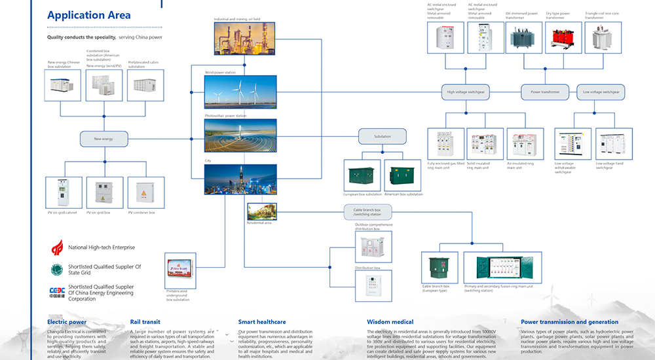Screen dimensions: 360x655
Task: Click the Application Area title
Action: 89,15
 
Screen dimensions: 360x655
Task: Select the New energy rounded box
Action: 103,138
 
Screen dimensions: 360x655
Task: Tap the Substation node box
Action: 382,136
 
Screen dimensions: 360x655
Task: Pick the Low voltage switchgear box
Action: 600,92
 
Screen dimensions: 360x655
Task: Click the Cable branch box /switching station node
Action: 367,211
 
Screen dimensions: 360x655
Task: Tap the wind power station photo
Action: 240,92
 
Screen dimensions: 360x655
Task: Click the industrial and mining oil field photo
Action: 244,38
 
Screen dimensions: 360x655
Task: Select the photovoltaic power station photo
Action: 240,135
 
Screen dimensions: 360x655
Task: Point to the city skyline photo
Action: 240,179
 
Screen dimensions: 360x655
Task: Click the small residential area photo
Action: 263,211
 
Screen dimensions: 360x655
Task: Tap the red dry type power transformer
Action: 559,38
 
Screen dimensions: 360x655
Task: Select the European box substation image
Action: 362,175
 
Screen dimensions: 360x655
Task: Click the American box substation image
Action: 402,175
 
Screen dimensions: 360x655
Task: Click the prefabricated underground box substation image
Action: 183,268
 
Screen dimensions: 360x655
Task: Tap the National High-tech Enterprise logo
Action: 58,247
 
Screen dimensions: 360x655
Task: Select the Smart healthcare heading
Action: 262,322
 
